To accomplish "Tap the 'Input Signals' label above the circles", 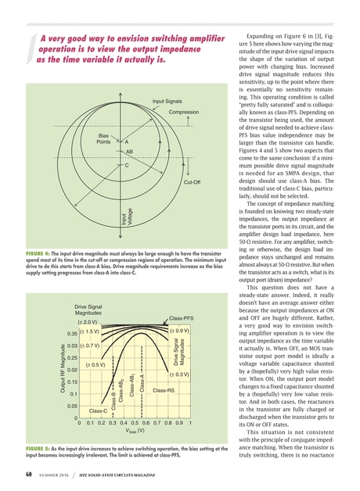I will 167,102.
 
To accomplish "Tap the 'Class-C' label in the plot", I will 98,410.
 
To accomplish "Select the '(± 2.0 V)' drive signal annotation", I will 86,322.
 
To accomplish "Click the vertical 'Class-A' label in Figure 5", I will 142,385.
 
